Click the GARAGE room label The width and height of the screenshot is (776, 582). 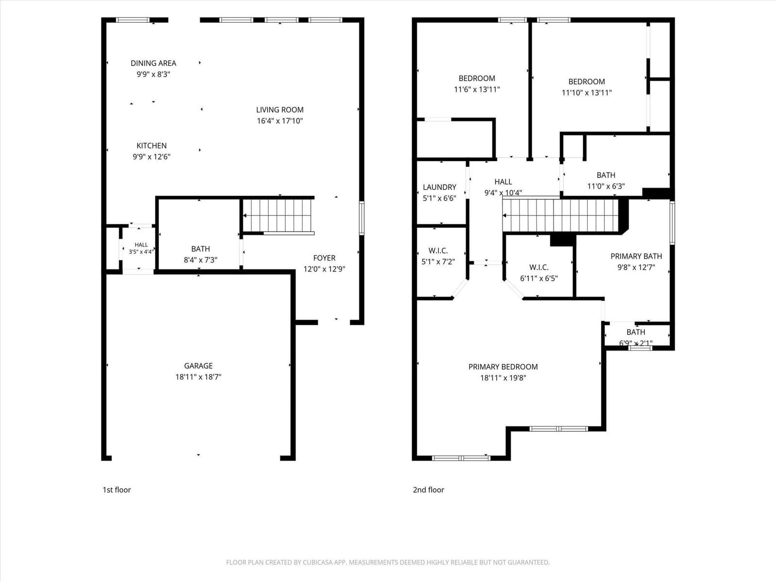198,366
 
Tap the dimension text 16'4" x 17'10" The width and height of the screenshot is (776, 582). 280,121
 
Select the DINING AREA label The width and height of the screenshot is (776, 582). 153,63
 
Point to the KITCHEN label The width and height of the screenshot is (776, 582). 152,145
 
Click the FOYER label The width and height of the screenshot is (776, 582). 324,258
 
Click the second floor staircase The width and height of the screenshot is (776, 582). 561,215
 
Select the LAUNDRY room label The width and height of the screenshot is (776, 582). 439,187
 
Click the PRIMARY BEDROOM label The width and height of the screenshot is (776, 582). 503,367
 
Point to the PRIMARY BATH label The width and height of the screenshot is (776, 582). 636,256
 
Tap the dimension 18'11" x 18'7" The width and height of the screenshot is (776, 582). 198,377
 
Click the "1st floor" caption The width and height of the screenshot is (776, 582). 117,490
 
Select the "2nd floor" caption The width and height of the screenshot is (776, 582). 428,490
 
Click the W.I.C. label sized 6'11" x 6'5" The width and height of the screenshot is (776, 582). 539,268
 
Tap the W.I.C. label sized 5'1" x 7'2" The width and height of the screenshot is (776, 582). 438,251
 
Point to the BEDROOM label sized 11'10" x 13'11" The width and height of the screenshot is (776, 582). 586,81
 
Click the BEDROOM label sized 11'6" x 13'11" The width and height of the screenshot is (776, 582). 477,79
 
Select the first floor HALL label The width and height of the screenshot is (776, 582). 141,244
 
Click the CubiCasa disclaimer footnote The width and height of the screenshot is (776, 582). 388,562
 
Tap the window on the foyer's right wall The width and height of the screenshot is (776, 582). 362,218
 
